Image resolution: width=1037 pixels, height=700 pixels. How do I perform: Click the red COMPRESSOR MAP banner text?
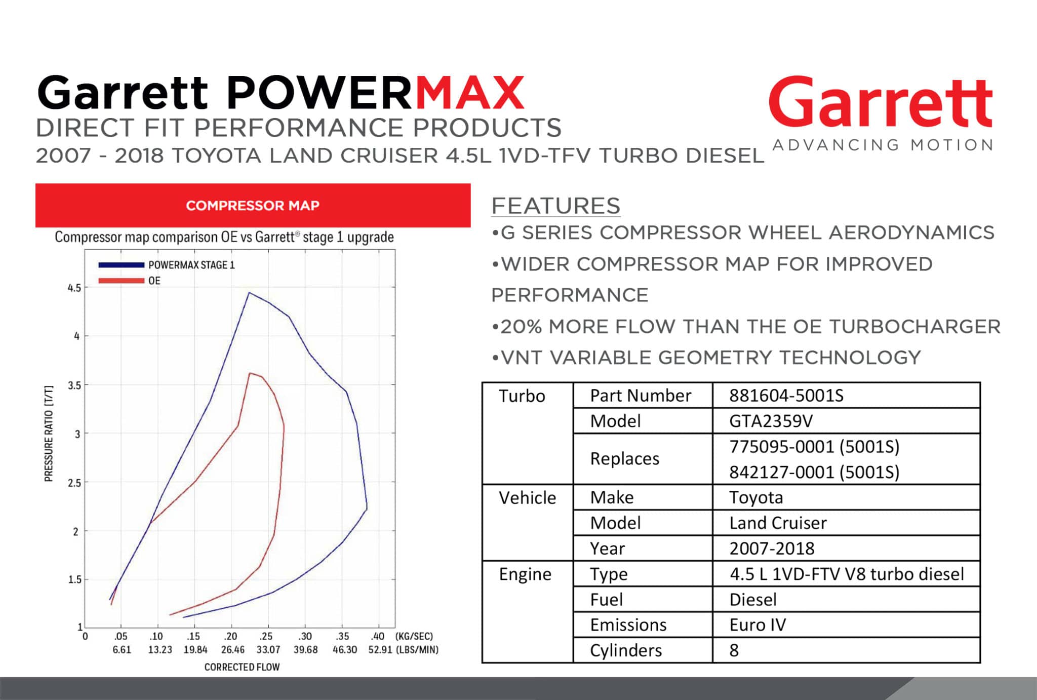253,205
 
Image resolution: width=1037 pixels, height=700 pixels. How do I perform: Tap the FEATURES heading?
555,206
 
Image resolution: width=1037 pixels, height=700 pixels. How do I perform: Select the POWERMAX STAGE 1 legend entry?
167,265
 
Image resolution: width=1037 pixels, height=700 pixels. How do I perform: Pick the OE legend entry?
129,281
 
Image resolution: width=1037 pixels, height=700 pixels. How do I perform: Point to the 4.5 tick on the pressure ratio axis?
74,288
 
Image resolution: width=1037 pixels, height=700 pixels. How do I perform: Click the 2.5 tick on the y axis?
74,483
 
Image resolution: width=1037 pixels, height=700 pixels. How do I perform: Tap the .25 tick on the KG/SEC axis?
266,636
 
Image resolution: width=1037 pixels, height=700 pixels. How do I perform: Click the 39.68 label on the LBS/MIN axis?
306,649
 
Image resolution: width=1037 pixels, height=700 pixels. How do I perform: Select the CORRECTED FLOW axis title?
242,667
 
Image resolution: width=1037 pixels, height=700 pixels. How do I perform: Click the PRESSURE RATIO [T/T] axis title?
49,434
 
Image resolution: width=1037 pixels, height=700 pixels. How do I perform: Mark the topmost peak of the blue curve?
249,292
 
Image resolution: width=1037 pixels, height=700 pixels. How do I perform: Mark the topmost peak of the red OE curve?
250,373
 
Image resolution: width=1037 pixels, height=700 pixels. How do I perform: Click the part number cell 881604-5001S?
786,395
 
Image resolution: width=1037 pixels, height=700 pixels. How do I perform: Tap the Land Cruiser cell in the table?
778,523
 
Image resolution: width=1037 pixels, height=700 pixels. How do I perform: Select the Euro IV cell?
757,625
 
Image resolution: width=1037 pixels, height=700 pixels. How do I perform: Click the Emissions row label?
628,625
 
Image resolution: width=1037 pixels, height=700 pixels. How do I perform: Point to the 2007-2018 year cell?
772,548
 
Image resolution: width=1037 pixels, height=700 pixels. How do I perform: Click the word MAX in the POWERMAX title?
469,93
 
